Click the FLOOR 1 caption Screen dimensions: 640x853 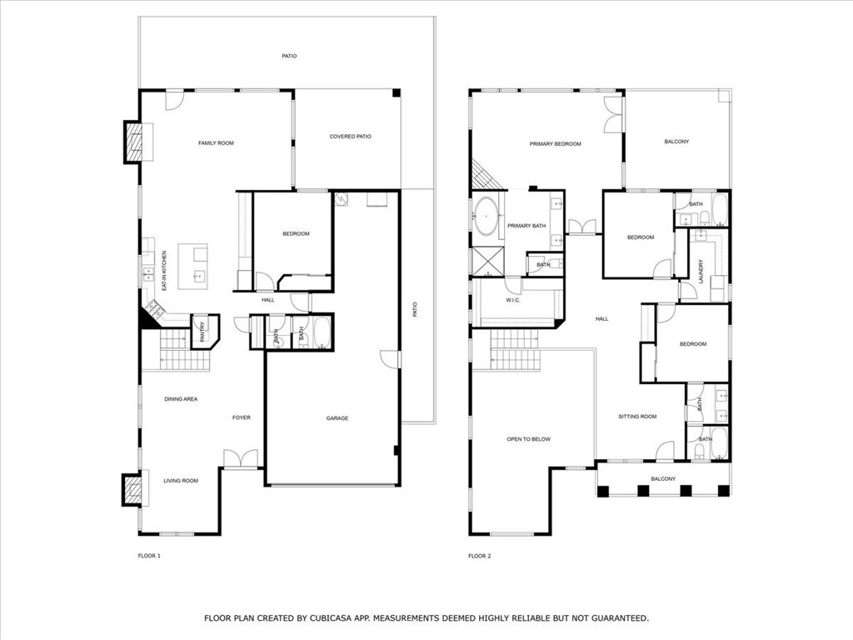coord(148,556)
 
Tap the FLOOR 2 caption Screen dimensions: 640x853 coord(479,556)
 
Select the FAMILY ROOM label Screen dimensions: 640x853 coord(216,143)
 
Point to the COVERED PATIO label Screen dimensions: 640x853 coord(350,137)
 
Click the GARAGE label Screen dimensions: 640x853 coord(337,418)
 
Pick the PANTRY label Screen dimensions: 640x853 coord(202,331)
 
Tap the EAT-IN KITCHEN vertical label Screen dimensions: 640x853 coord(164,270)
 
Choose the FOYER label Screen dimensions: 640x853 coord(241,417)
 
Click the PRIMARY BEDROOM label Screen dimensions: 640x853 coord(555,144)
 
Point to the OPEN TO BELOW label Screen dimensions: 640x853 coord(528,439)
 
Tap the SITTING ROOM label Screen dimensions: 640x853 coord(637,417)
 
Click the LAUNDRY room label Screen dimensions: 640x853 coord(701,270)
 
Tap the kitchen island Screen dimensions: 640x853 coord(194,265)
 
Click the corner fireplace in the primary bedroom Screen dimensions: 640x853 coord(482,176)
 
